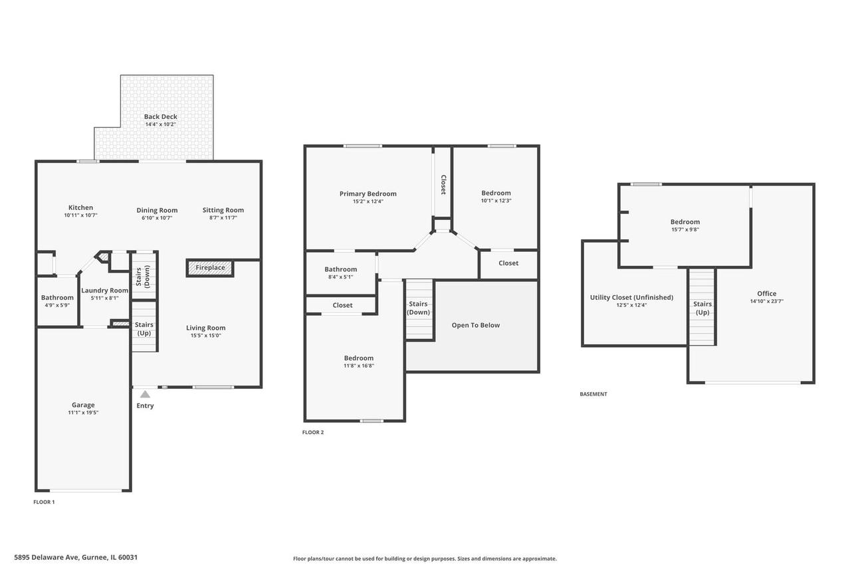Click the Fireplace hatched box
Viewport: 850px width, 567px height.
point(210,268)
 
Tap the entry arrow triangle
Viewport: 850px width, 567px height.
point(145,394)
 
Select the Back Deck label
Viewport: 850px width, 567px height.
point(161,116)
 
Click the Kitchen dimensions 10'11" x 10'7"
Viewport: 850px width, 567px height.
point(81,215)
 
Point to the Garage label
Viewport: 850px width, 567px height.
point(83,405)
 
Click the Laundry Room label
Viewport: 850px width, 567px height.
point(105,290)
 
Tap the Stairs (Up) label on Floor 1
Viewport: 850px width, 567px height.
point(144,328)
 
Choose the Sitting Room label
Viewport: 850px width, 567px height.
point(223,210)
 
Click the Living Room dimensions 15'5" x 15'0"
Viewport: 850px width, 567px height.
point(205,336)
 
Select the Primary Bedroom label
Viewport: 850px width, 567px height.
point(368,193)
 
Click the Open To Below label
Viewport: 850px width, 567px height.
point(475,325)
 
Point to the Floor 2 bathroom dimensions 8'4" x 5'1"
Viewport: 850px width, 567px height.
point(341,277)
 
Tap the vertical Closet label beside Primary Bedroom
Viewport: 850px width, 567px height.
point(443,185)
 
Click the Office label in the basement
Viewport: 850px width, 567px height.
point(766,293)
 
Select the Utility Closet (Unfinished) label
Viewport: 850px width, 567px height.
point(631,298)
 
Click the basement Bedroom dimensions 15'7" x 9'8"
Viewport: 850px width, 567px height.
point(685,229)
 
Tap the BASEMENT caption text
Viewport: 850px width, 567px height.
point(593,394)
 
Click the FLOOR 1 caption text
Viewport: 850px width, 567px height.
point(44,502)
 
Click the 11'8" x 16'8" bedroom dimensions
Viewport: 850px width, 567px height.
point(359,366)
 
